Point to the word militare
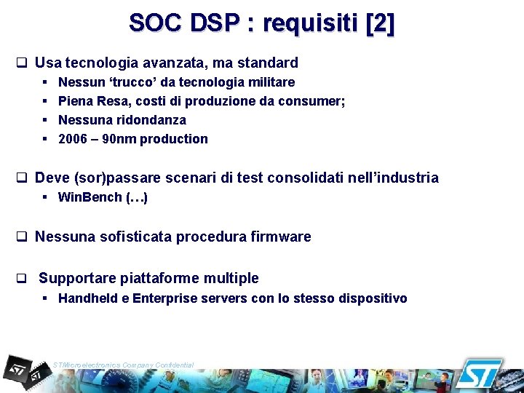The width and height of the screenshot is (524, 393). (x=269, y=82)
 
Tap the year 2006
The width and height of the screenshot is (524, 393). (x=73, y=139)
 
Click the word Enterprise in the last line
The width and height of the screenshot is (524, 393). (x=164, y=298)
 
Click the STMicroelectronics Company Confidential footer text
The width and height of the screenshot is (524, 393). (x=124, y=365)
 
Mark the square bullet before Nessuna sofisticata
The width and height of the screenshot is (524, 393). (x=22, y=237)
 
